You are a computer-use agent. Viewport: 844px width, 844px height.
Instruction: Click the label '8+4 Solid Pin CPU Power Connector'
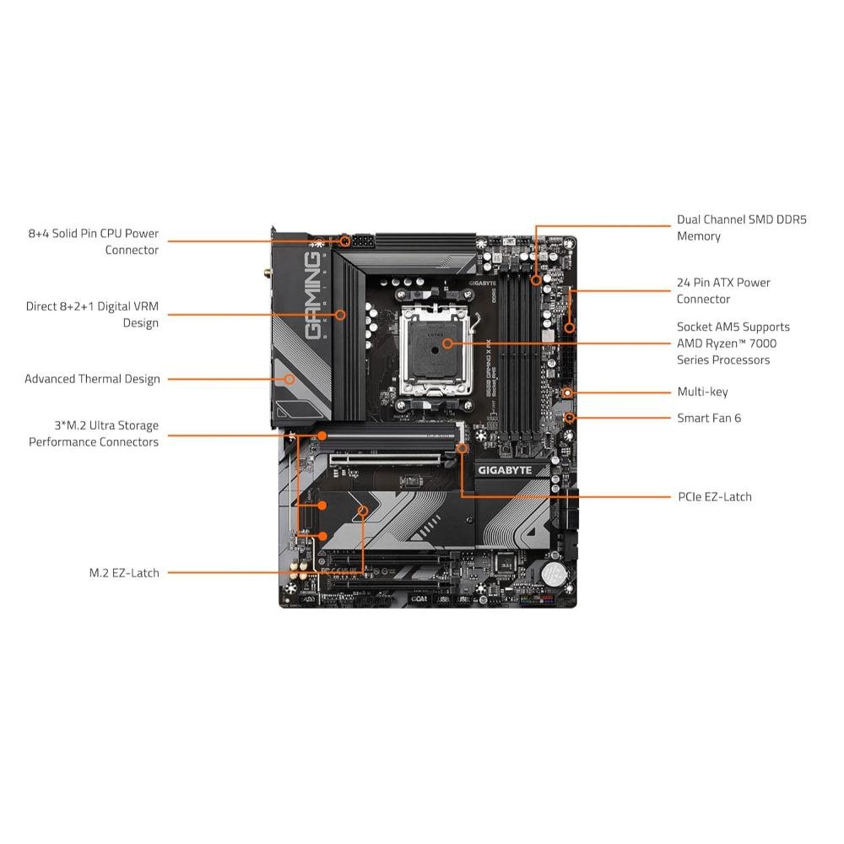point(93,241)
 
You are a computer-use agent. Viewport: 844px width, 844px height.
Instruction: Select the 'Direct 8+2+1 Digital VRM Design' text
point(92,314)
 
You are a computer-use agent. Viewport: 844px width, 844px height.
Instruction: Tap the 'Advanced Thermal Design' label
point(92,379)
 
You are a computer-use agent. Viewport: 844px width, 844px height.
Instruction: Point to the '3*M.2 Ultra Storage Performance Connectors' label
point(93,434)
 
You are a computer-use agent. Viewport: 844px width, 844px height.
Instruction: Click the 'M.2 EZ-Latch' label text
point(124,572)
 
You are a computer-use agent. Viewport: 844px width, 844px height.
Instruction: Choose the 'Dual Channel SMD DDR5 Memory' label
point(742,228)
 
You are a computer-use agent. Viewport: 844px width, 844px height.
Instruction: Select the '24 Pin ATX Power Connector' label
point(723,290)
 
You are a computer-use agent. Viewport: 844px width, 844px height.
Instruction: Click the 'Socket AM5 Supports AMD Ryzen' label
point(733,343)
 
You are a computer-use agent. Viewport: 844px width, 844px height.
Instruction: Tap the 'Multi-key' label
point(702,392)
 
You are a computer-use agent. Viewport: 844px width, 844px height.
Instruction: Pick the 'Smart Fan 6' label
point(709,418)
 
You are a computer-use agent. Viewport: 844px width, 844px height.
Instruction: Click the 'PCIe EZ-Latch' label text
point(714,496)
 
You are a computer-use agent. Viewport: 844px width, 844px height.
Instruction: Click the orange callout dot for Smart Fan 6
point(571,418)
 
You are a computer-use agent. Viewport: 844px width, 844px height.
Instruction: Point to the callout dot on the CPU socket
point(446,344)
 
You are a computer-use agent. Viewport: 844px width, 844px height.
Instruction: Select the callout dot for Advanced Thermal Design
point(290,379)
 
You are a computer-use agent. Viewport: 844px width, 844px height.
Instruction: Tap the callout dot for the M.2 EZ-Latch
point(364,511)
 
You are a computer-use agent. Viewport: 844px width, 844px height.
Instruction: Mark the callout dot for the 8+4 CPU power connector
point(345,241)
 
